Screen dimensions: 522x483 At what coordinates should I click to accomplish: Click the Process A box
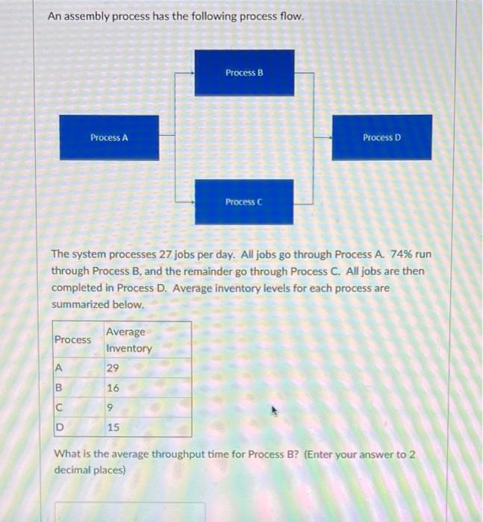[x=109, y=137]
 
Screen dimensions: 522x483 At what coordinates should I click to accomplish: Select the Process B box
[x=244, y=72]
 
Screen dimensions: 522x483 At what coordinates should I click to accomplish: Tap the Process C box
[x=244, y=202]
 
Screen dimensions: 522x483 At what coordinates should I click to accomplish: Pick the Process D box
[x=381, y=137]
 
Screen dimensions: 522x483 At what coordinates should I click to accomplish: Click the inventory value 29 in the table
[x=113, y=368]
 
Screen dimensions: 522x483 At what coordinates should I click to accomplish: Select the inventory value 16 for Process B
[x=113, y=388]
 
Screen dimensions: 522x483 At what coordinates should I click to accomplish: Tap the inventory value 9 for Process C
[x=110, y=407]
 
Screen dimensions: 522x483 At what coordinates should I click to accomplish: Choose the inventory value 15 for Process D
[x=113, y=427]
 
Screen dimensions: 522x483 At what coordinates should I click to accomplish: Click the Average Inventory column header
[x=128, y=340]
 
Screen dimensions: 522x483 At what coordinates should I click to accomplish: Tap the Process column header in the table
[x=72, y=340]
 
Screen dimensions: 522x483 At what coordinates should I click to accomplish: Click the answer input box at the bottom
[x=129, y=512]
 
